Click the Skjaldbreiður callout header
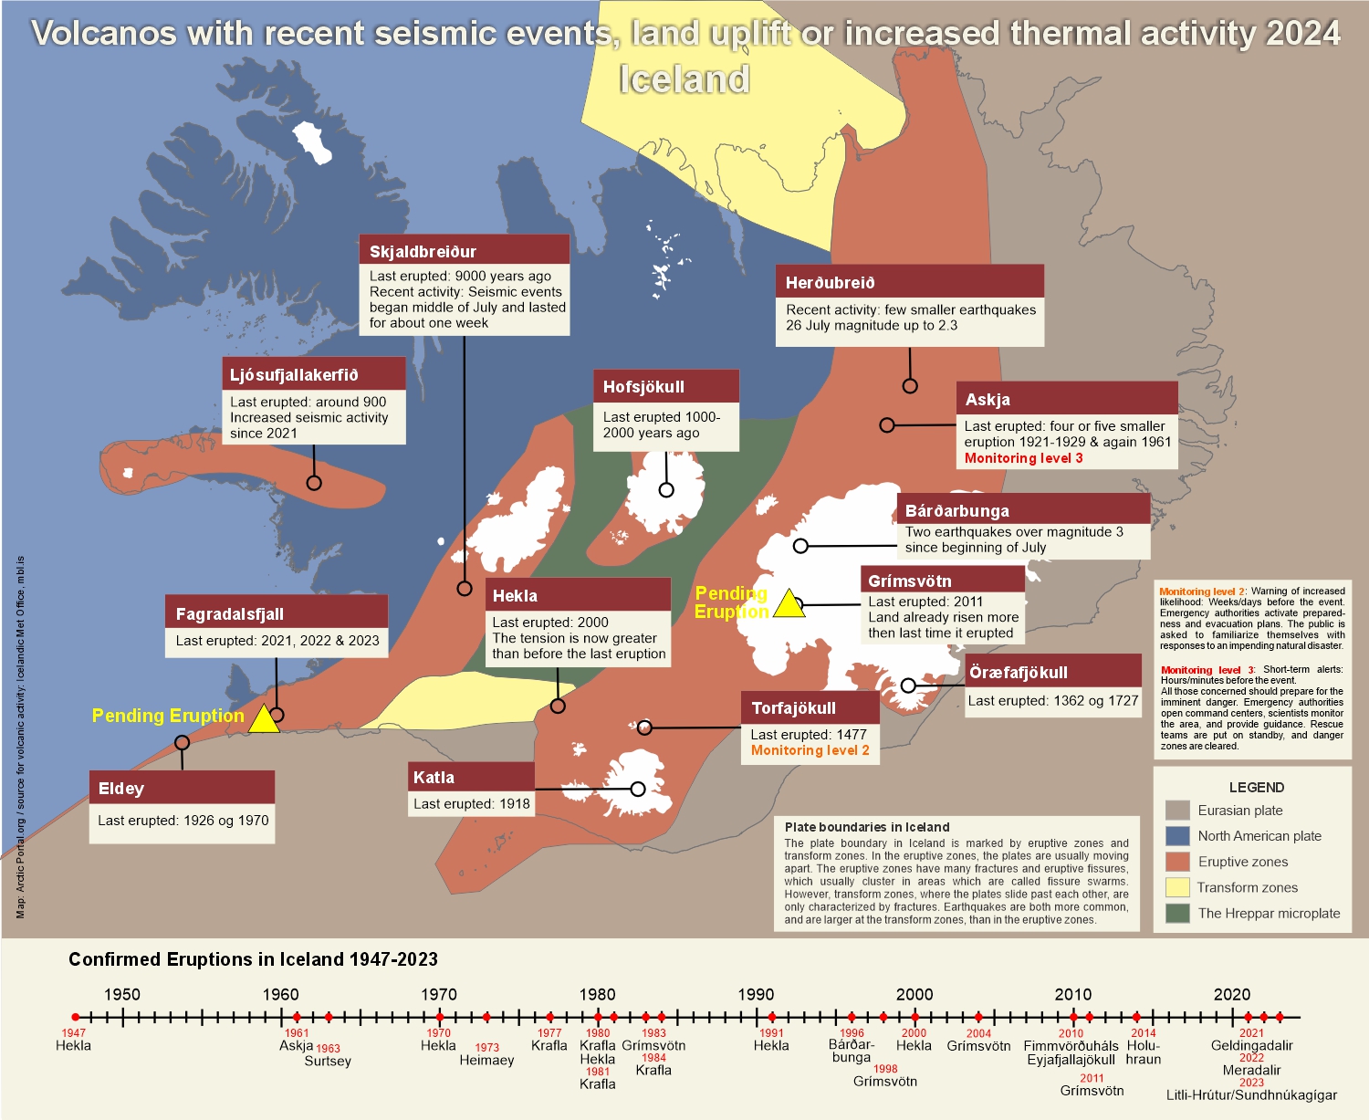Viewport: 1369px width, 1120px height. [464, 251]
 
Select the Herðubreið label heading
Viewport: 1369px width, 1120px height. [909, 282]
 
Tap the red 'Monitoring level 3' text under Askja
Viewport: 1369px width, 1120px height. [1023, 458]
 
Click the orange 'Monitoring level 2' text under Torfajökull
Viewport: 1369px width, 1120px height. [810, 750]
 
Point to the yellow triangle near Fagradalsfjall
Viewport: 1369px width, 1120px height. [264, 719]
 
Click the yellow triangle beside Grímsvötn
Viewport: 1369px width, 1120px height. [789, 604]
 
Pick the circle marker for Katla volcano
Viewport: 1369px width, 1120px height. [638, 789]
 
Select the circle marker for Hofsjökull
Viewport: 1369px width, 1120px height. [666, 490]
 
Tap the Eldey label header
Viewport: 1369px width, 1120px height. [182, 788]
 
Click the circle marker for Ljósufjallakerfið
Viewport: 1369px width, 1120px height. [314, 483]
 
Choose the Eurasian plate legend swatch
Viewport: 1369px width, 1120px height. [1177, 811]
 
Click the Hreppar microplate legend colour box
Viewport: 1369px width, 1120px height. [1177, 913]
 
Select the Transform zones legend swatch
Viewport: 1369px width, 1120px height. [1177, 887]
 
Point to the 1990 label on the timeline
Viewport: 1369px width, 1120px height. [756, 994]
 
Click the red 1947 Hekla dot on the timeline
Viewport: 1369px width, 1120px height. [75, 1017]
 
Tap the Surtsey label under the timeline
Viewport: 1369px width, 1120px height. [328, 1061]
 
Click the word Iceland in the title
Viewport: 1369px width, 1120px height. [684, 79]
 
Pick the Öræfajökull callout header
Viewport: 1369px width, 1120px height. [1053, 672]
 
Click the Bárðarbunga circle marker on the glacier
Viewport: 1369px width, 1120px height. [800, 546]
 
